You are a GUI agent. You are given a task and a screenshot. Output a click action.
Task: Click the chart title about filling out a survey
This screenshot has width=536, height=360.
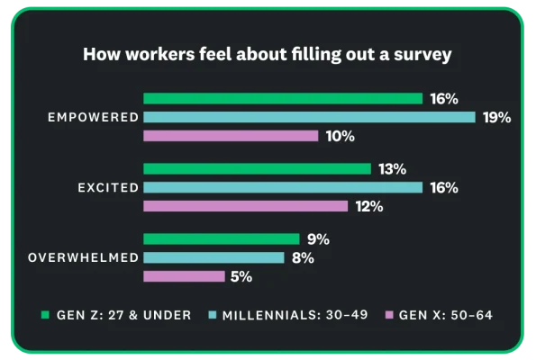[x=268, y=54]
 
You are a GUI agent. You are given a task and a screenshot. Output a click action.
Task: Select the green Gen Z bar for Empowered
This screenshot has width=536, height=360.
[x=283, y=98]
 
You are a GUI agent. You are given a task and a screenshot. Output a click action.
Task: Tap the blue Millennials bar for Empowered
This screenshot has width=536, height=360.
[x=309, y=117]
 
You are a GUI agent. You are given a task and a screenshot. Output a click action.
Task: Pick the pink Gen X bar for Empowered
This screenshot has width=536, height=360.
[x=231, y=136]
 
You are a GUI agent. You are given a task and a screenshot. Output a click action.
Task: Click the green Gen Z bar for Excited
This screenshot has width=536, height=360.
[x=257, y=169]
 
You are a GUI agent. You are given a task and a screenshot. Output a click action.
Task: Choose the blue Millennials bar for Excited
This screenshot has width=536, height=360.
[x=283, y=187]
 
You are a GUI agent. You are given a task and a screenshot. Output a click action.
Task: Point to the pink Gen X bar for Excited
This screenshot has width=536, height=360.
[x=245, y=206]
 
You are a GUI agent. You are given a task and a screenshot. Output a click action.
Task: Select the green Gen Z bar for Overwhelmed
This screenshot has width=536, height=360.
[x=221, y=239]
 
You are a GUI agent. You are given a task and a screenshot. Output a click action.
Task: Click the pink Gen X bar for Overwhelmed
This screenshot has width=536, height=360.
[x=184, y=276]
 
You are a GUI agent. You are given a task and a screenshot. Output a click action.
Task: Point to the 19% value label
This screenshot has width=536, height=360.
[x=496, y=117]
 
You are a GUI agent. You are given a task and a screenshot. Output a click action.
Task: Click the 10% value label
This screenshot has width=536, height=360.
[x=341, y=136]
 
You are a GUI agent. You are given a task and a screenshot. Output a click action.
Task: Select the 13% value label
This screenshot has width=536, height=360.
[x=393, y=169]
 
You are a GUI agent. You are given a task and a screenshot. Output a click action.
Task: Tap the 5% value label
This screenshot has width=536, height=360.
[x=241, y=277]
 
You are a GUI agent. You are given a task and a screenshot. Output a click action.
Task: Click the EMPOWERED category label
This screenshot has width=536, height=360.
[x=93, y=117]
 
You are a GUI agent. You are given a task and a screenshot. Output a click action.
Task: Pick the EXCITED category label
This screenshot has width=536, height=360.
[x=108, y=187]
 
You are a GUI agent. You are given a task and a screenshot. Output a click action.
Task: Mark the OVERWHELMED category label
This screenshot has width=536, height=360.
[x=84, y=258]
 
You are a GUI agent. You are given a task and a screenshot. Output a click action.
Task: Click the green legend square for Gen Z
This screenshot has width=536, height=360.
[x=45, y=315]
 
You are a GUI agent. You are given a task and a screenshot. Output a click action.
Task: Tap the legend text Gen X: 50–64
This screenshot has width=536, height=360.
[x=446, y=315]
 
